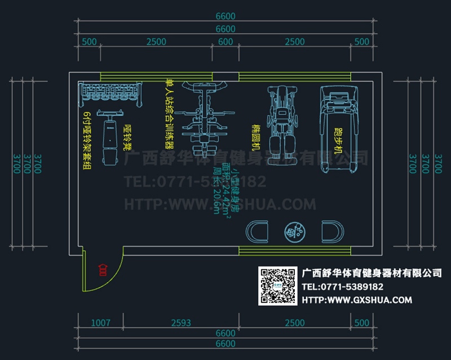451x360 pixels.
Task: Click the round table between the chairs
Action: pyautogui.click(x=294, y=231)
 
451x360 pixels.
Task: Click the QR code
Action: pyautogui.click(x=277, y=286)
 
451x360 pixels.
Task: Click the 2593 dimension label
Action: pyautogui.click(x=180, y=323)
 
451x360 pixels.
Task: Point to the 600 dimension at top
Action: pyautogui.click(x=225, y=42)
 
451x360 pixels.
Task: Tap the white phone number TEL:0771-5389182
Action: pyautogui.click(x=343, y=287)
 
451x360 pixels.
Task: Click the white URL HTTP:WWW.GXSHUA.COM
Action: pyautogui.click(x=357, y=300)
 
